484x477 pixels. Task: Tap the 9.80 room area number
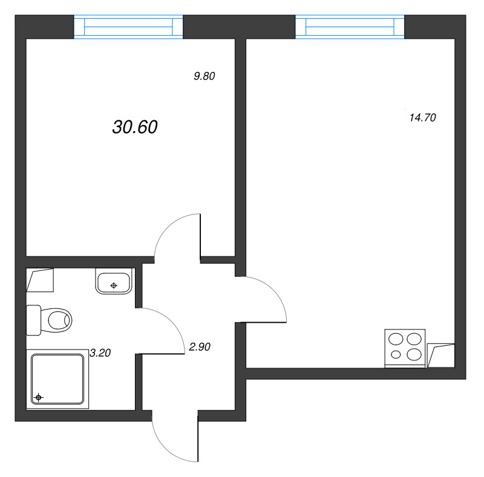point(204,76)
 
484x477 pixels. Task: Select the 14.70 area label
point(423,118)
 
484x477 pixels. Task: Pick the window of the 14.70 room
point(350,27)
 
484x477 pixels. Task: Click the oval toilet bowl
point(58,319)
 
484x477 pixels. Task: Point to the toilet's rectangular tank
point(33,319)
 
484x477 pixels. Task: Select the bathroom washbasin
point(113,282)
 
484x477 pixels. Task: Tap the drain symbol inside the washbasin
point(113,284)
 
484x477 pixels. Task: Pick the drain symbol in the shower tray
point(39,397)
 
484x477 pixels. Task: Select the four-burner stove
point(405,348)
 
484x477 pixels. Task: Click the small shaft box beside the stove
point(440,355)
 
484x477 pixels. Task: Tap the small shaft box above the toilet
point(40,280)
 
